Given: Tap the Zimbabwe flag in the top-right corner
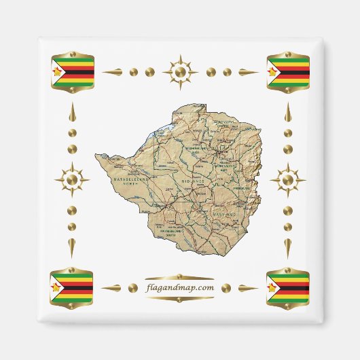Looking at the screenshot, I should [288, 71].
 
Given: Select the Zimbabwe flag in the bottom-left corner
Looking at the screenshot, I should [71, 287].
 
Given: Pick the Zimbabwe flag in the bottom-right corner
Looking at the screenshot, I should [288, 287].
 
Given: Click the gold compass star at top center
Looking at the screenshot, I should [180, 71].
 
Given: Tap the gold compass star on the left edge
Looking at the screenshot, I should [72, 180].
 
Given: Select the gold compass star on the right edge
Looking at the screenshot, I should [287, 180].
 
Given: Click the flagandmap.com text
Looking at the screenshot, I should [180, 287].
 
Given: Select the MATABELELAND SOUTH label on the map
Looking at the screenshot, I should [175, 233].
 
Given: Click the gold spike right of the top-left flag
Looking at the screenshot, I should [115, 71].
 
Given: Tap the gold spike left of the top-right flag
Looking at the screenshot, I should [247, 71].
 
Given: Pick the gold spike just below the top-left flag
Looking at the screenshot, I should [72, 113].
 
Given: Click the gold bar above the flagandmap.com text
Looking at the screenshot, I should [180, 277].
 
